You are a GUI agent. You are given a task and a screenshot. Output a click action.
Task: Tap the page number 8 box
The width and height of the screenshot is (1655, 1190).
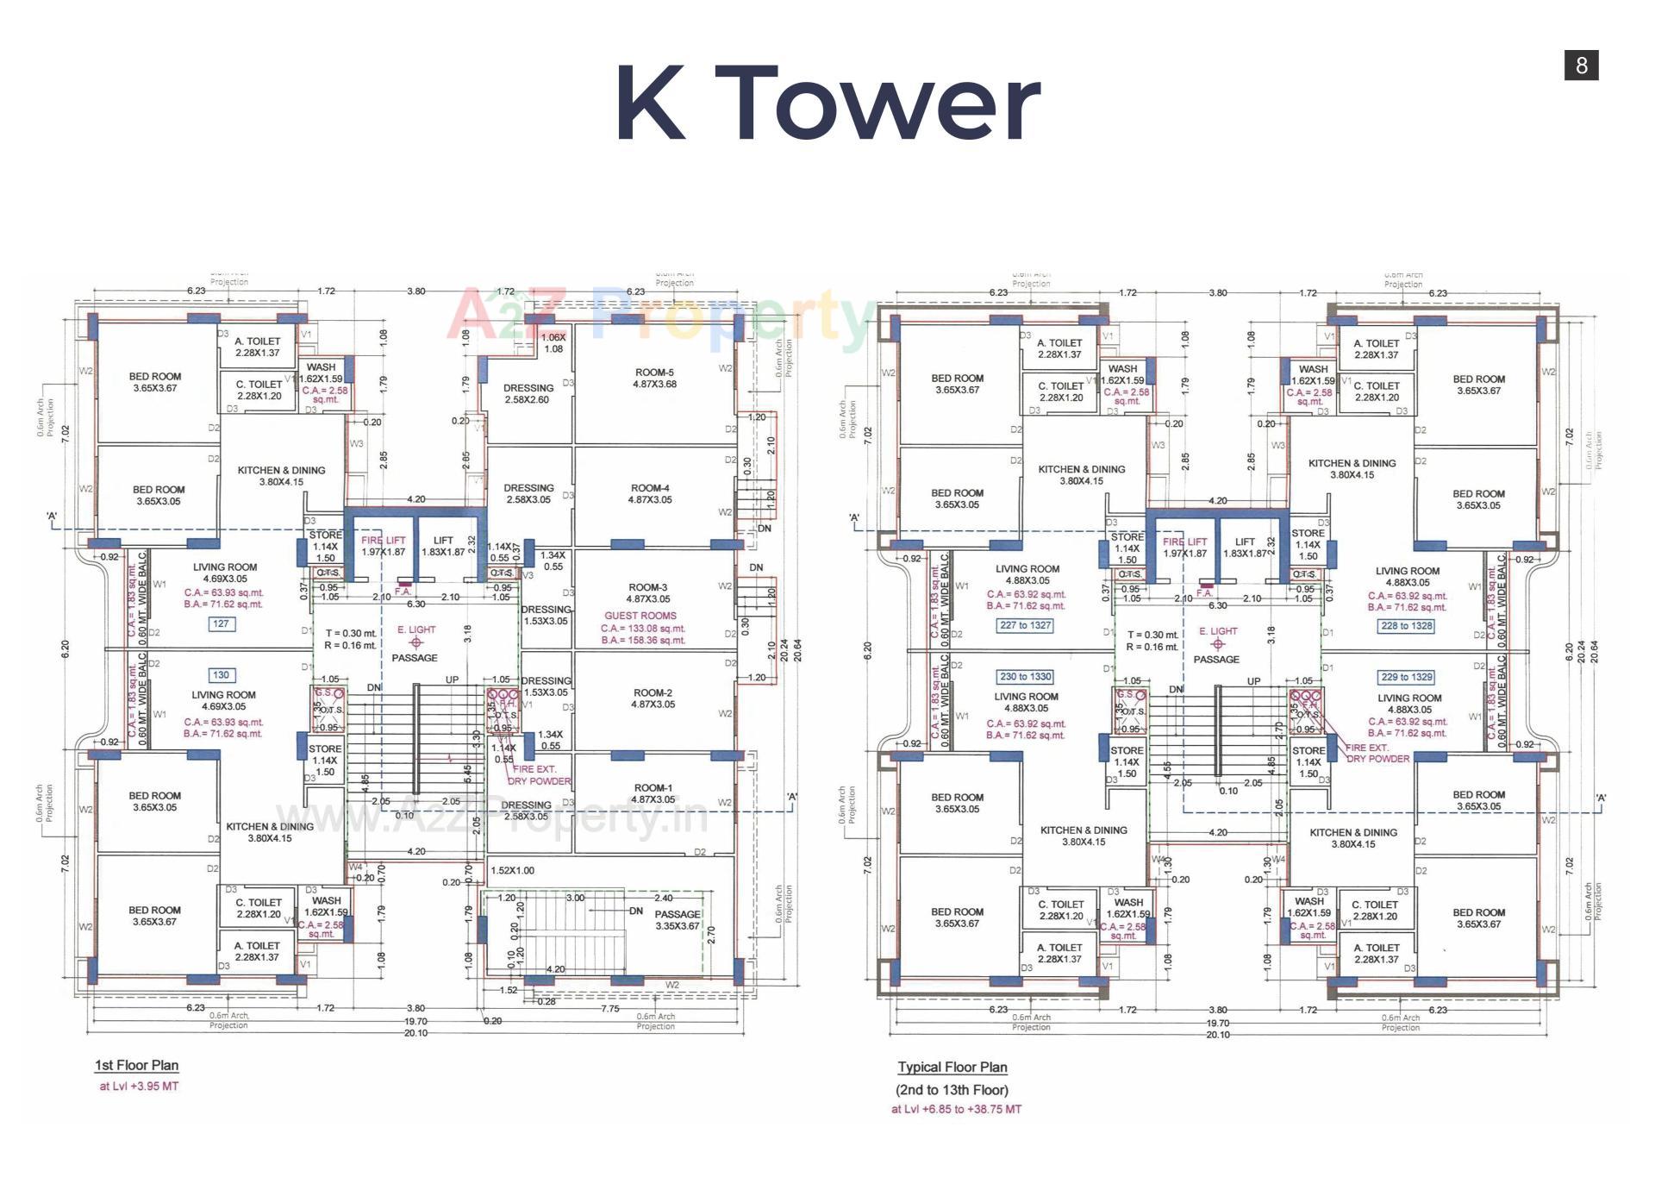[1581, 66]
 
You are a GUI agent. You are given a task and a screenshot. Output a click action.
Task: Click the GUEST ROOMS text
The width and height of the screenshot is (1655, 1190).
[640, 616]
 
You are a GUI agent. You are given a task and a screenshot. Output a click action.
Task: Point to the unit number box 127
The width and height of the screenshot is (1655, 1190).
[222, 623]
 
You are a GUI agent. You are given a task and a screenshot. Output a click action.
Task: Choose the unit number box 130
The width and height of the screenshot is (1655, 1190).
[222, 675]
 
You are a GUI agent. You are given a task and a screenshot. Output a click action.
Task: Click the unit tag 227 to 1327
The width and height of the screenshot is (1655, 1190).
[1025, 625]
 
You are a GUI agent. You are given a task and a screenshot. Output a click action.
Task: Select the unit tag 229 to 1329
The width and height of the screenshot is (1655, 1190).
[1407, 677]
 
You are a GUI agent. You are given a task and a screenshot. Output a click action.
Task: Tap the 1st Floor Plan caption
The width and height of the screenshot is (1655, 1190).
[136, 1065]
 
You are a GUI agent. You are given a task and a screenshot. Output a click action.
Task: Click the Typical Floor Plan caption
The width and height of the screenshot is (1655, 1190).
[952, 1067]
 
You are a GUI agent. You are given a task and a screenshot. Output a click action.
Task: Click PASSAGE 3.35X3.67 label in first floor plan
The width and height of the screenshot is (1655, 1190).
[678, 920]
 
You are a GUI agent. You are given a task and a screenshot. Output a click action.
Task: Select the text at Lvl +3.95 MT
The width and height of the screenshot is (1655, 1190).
[139, 1087]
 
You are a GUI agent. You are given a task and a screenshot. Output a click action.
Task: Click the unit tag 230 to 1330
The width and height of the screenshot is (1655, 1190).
[1025, 677]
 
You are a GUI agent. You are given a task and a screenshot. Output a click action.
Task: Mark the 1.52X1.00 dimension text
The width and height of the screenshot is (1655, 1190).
[512, 871]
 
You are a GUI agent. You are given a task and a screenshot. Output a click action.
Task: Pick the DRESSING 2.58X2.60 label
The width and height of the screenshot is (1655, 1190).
[528, 394]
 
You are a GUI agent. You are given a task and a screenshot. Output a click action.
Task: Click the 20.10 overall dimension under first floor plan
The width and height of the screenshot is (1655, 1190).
[415, 1033]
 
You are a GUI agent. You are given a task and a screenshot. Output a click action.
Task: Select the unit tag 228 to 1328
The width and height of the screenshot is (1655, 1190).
[1407, 626]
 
